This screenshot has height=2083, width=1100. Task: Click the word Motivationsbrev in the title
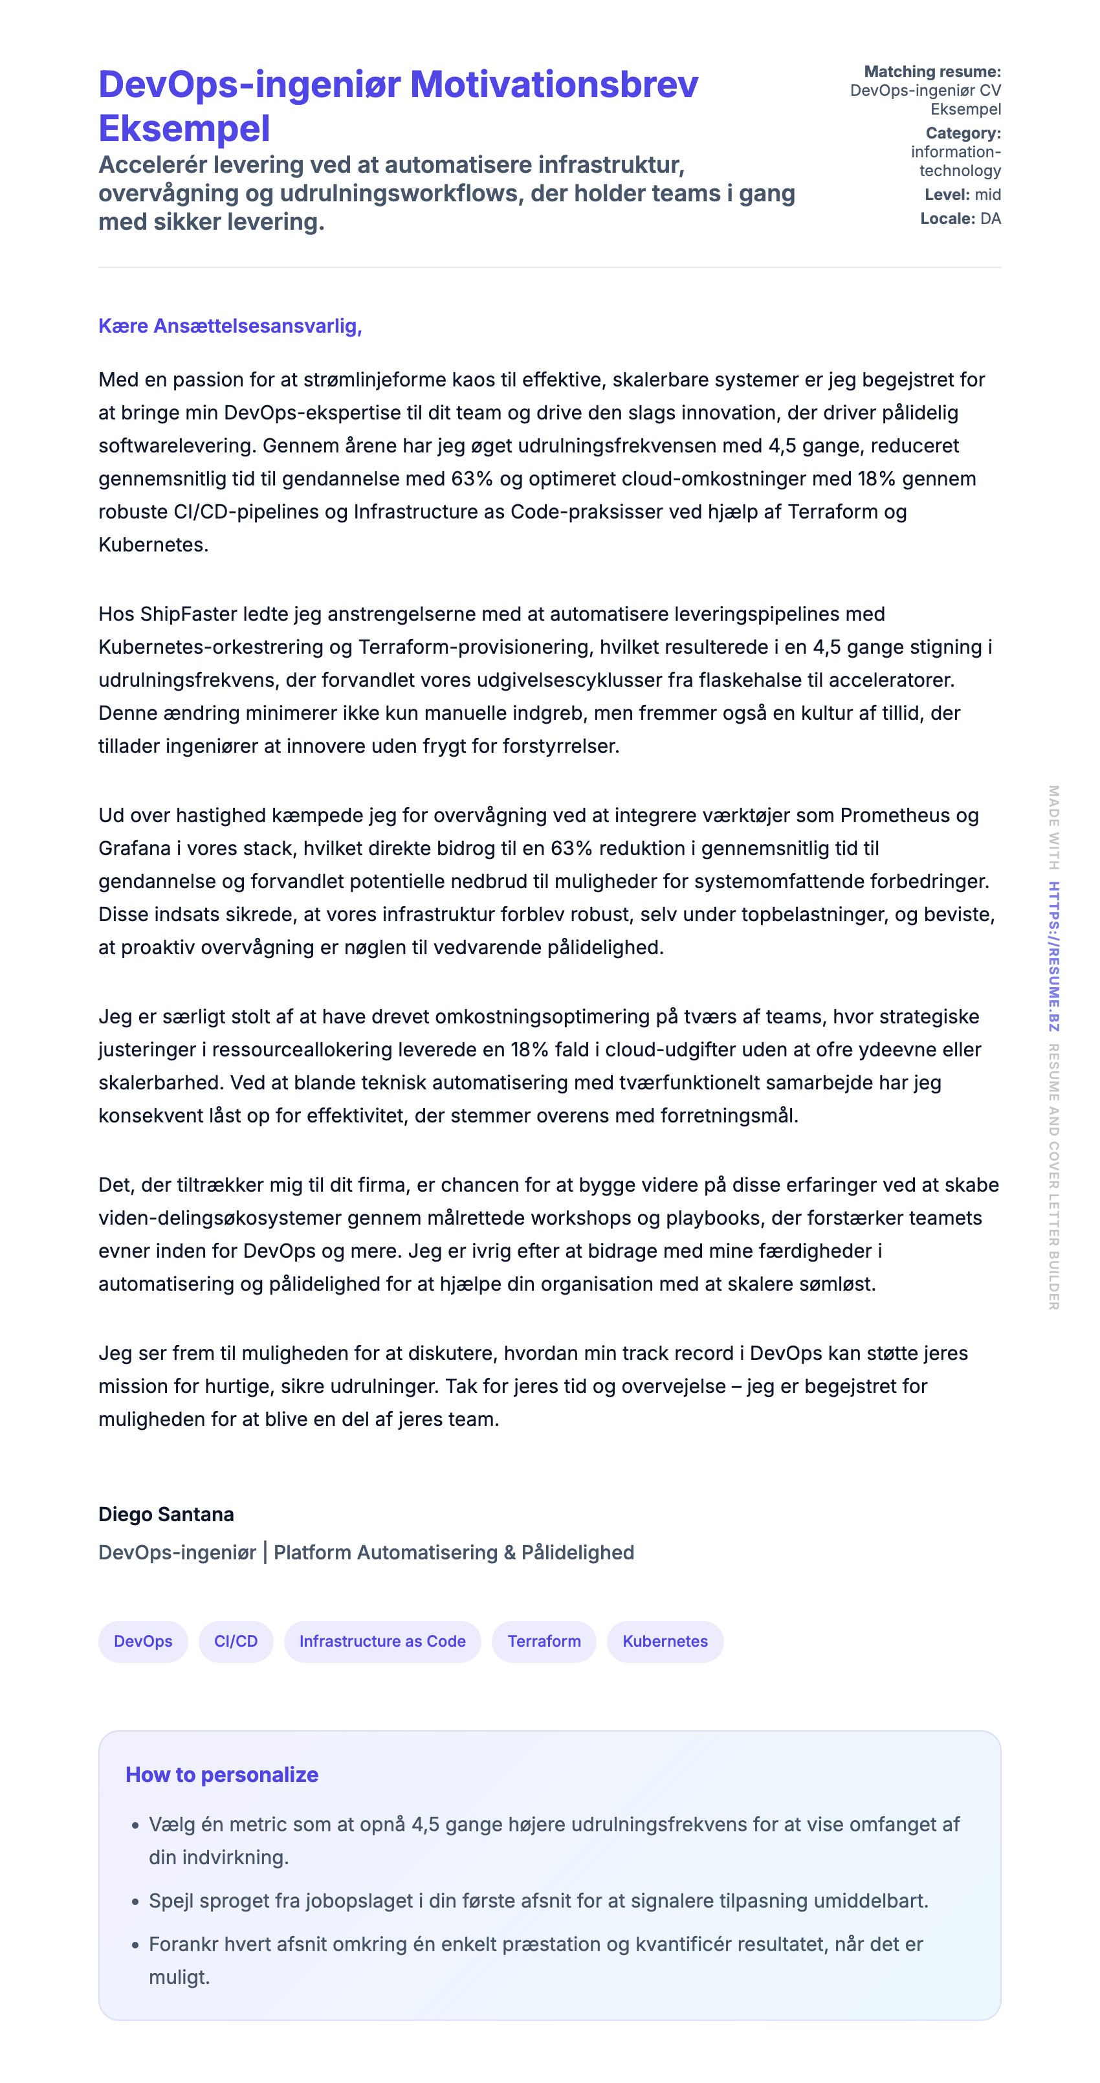554,85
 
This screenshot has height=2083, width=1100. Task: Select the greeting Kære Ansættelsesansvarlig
230,326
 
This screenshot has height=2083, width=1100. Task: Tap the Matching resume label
932,72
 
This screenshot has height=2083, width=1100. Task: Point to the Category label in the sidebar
963,133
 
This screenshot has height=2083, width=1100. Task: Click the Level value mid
987,195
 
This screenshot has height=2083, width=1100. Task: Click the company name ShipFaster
185,614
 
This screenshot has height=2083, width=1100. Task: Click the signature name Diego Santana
166,1515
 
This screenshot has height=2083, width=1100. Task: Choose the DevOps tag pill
143,1642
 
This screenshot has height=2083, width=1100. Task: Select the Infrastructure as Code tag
382,1642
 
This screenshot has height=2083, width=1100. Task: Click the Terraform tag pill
544,1642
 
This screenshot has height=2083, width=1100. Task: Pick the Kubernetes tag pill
665,1642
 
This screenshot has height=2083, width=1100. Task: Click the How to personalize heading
221,1775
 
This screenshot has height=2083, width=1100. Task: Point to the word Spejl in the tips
171,1901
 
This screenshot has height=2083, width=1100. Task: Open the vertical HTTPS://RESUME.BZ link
1054,956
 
